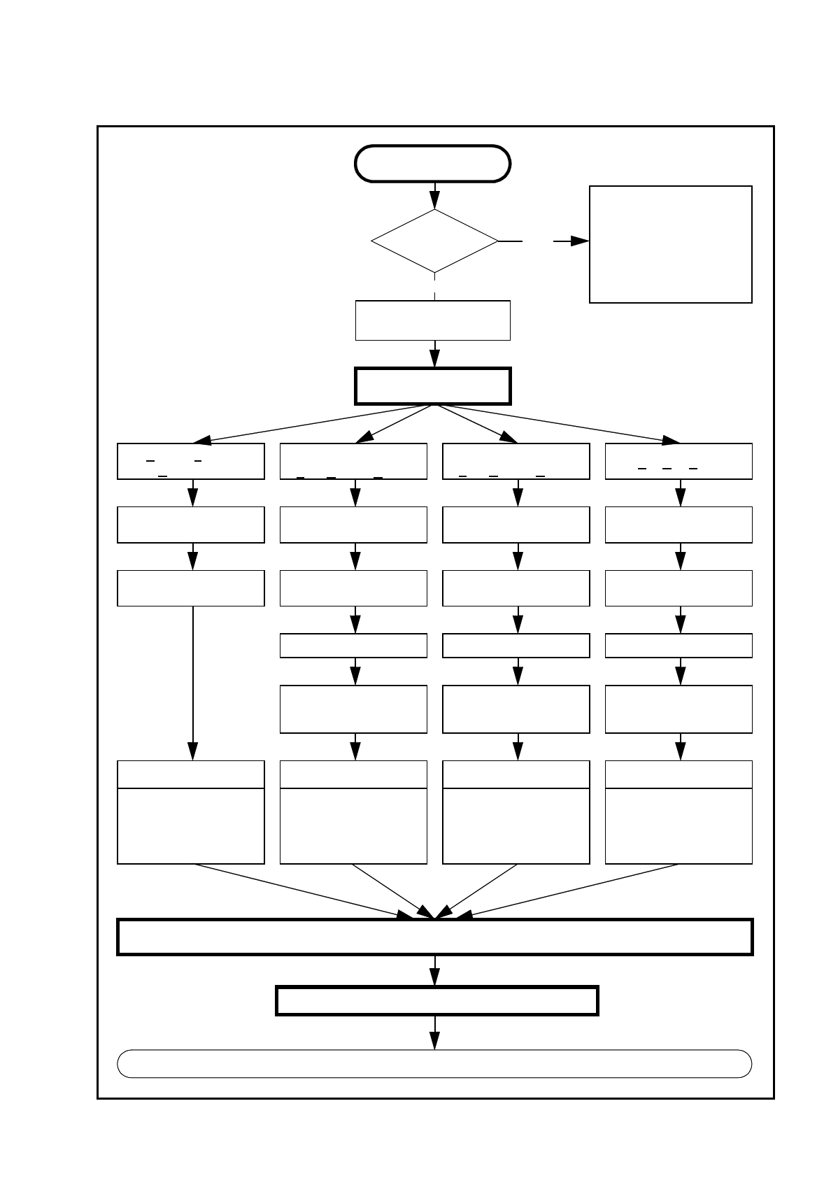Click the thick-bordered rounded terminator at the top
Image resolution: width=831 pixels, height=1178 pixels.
click(433, 164)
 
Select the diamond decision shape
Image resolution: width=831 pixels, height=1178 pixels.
click(434, 241)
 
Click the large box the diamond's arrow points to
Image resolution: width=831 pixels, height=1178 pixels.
click(670, 244)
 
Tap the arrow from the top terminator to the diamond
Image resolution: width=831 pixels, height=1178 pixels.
click(434, 195)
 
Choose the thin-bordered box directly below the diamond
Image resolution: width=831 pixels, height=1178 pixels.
click(433, 320)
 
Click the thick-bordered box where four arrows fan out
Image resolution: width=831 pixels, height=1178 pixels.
click(433, 386)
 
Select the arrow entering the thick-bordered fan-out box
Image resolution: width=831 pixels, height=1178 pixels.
click(434, 354)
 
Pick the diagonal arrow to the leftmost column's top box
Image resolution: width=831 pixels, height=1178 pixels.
click(308, 424)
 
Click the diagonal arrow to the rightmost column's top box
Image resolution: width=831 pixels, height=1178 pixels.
click(560, 424)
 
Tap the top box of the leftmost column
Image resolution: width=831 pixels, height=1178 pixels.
click(191, 461)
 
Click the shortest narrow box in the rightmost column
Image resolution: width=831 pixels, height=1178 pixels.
click(679, 646)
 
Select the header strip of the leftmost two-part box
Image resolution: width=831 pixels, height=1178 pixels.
click(191, 774)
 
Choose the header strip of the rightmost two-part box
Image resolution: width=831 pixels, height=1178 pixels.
click(679, 774)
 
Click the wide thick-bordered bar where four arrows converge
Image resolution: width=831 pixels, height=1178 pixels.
click(434, 937)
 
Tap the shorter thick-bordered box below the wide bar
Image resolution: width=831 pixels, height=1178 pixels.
click(437, 1000)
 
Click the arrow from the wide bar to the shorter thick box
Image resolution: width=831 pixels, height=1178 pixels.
click(435, 971)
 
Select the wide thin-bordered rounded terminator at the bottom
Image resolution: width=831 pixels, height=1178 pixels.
click(434, 1063)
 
